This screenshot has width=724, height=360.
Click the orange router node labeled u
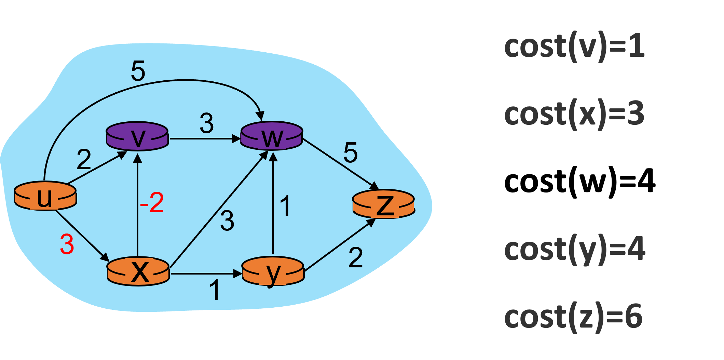(x=45, y=196)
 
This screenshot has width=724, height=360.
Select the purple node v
(x=137, y=136)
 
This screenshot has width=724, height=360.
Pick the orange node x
(x=138, y=271)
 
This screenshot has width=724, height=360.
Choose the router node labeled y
(x=273, y=272)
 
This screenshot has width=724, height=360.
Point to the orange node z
(x=384, y=204)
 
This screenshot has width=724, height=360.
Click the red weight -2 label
(x=152, y=203)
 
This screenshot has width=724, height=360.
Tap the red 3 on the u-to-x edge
(x=67, y=244)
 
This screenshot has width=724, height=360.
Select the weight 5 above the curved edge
(x=138, y=71)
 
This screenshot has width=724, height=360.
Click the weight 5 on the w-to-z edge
(x=351, y=152)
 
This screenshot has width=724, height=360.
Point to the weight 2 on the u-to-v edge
(x=84, y=159)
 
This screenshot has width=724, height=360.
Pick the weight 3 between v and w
(x=207, y=123)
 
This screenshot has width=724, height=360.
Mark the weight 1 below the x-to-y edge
(x=215, y=290)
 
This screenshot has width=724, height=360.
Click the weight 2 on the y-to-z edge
(x=355, y=257)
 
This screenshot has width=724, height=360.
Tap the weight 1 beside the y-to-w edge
(x=285, y=206)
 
